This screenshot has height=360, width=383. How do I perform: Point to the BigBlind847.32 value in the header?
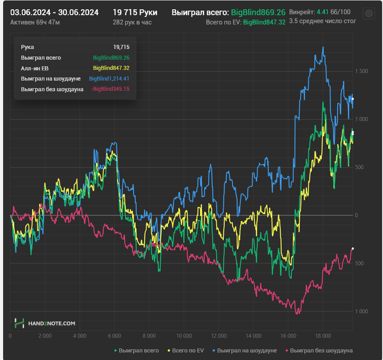click(264, 22)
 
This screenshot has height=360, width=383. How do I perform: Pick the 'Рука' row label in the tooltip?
click(27, 47)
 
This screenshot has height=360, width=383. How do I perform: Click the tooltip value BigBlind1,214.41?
click(109, 79)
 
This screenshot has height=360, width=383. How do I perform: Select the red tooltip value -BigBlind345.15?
click(110, 89)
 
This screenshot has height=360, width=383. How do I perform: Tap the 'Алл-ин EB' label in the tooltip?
click(36, 68)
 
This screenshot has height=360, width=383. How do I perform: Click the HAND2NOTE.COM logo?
click(45, 323)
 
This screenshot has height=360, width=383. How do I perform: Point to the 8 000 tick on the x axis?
click(149, 336)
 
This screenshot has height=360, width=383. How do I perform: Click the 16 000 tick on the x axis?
click(288, 336)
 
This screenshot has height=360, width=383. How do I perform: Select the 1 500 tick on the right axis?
click(361, 71)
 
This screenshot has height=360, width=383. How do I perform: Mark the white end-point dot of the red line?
click(352, 249)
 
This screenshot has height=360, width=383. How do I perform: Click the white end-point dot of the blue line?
click(352, 99)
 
